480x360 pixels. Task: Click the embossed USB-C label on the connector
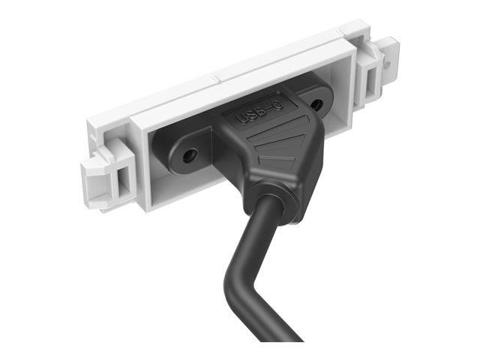(x=259, y=112)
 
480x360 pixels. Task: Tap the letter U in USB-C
(x=241, y=118)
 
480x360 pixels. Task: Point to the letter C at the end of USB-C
(x=278, y=105)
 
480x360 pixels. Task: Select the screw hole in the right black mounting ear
(x=316, y=105)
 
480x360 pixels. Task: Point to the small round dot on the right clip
(x=388, y=64)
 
